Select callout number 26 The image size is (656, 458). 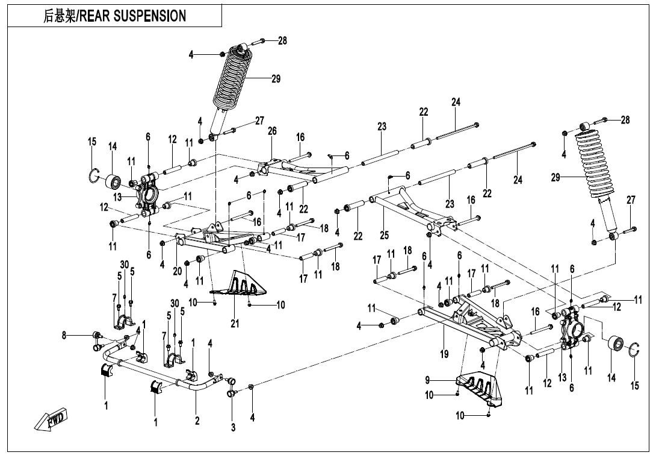click(x=272, y=131)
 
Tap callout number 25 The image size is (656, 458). click(x=385, y=234)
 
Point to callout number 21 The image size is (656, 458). click(x=235, y=324)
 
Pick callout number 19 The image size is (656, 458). click(x=444, y=354)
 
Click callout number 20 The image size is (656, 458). click(x=177, y=271)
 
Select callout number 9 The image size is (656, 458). click(x=427, y=380)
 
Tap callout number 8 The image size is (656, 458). click(x=64, y=336)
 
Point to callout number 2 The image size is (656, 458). click(x=197, y=421)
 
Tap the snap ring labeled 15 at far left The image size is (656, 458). click(x=93, y=176)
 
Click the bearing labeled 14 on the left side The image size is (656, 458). click(x=113, y=181)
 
